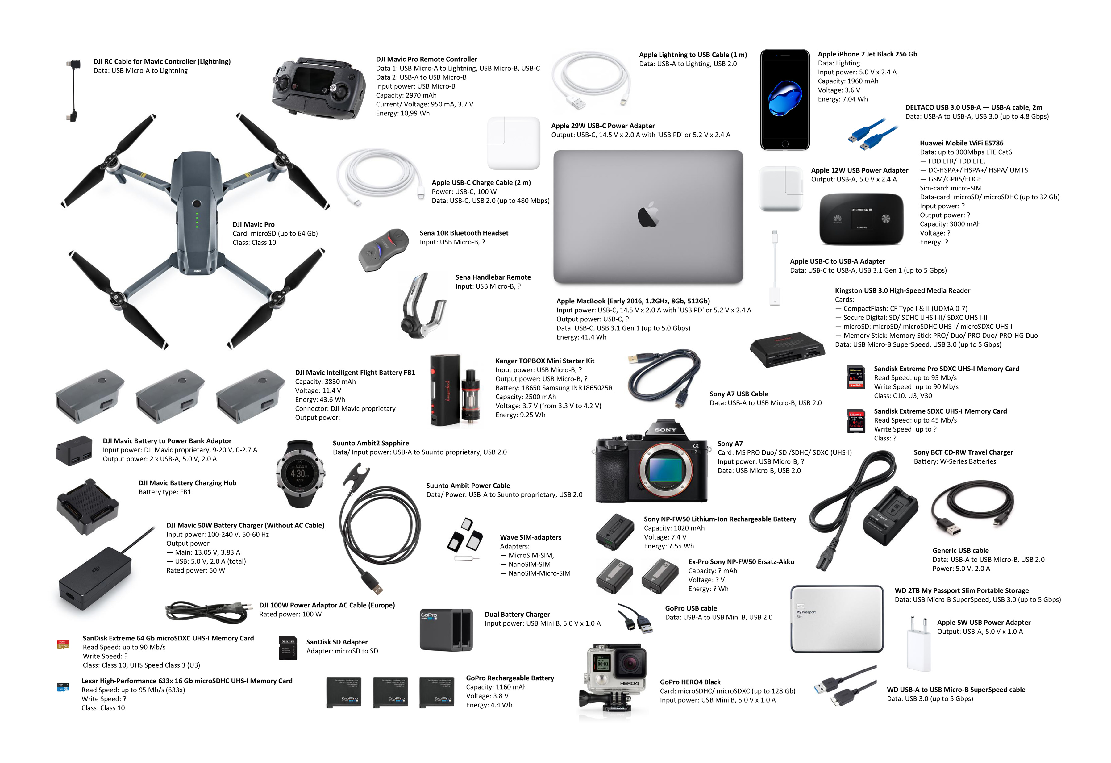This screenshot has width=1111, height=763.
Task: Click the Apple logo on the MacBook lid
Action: point(648,214)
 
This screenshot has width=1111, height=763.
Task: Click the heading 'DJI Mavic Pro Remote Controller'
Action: point(427,59)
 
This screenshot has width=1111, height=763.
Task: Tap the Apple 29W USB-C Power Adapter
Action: point(514,143)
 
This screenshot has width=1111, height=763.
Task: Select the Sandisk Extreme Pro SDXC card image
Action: point(856,377)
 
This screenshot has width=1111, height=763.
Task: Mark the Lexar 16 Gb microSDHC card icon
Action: point(63,687)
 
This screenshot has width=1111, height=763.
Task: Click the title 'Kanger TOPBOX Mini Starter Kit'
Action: point(545,361)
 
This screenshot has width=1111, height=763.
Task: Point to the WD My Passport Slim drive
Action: point(837,619)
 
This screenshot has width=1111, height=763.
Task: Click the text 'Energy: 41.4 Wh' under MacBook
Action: point(581,337)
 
